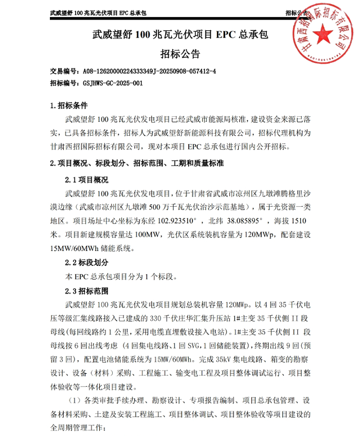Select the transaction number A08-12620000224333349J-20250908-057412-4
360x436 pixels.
pyautogui.click(x=149, y=71)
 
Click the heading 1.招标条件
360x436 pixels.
pyautogui.click(x=68, y=106)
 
